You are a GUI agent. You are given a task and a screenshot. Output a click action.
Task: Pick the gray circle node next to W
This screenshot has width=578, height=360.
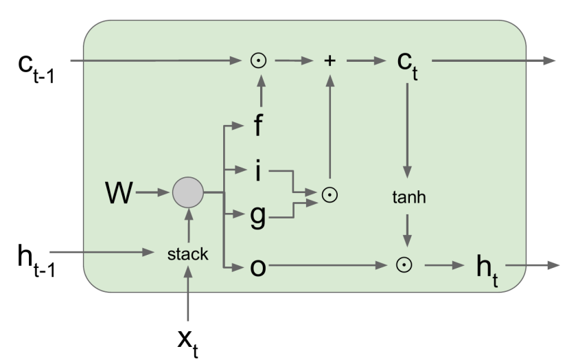[187, 193]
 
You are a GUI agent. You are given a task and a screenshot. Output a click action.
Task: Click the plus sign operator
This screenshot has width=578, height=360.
[330, 60]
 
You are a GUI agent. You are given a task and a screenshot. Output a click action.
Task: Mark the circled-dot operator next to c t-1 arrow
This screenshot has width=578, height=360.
[258, 60]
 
